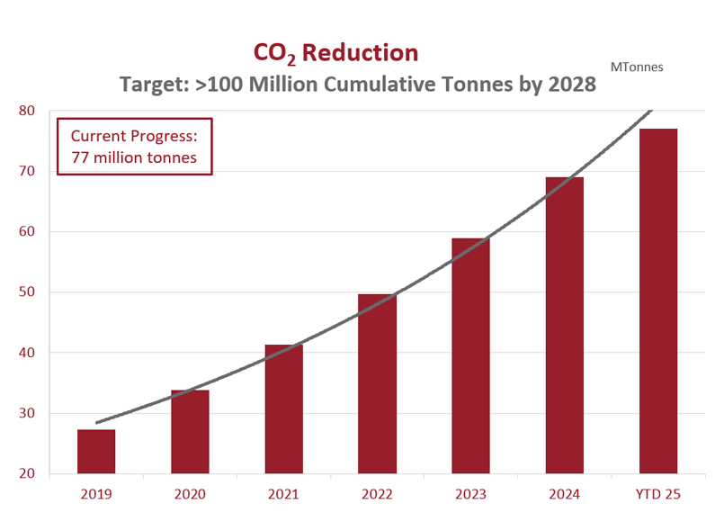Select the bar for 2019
point(96,452)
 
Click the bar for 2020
point(190,432)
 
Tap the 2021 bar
point(283,409)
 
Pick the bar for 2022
point(377,384)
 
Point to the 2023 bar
point(470,356)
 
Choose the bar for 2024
point(564,326)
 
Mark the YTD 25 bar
point(657,301)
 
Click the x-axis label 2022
point(377,493)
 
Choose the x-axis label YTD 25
point(657,493)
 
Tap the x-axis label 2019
point(96,493)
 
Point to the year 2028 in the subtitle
point(571,85)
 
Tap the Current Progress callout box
point(134,146)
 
